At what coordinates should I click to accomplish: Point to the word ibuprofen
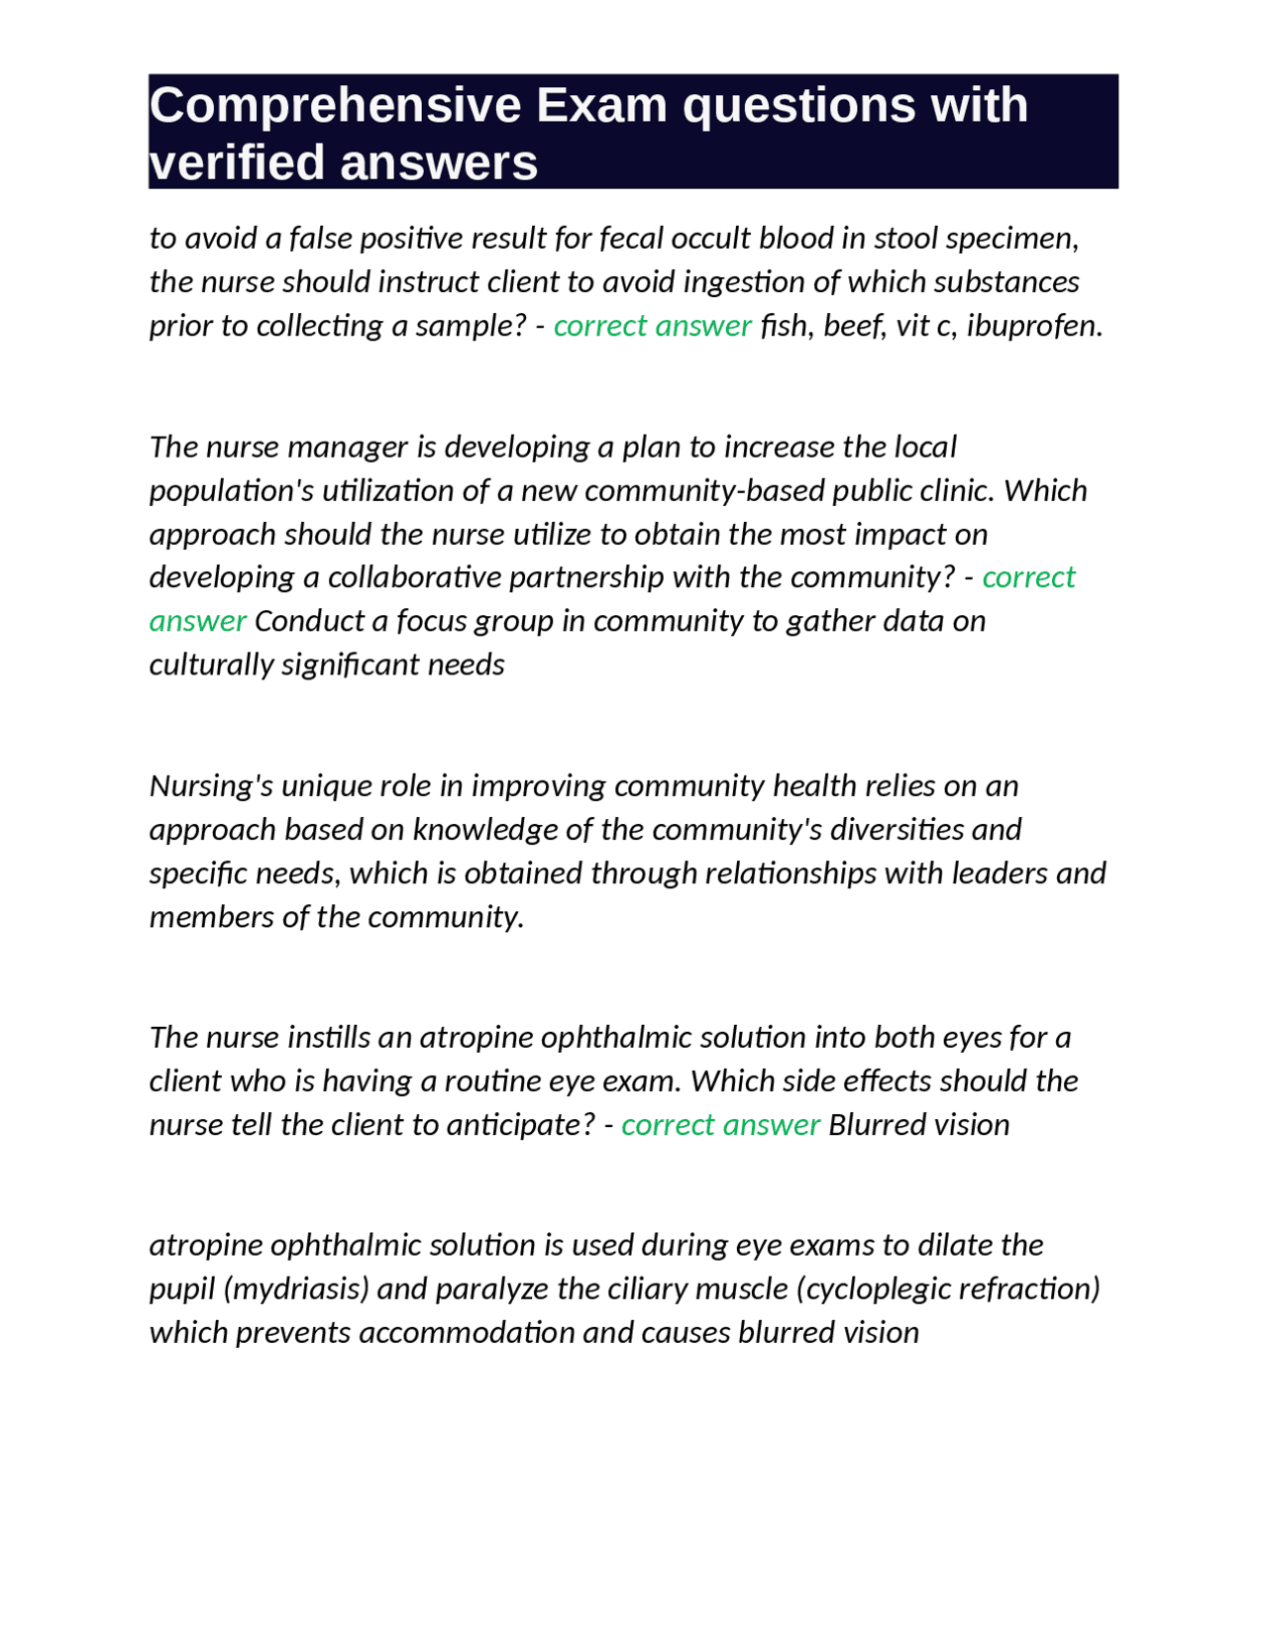1033,326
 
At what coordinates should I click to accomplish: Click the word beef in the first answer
855,326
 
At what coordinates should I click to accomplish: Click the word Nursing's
211,786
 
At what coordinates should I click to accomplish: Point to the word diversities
897,830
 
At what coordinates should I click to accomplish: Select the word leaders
999,873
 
